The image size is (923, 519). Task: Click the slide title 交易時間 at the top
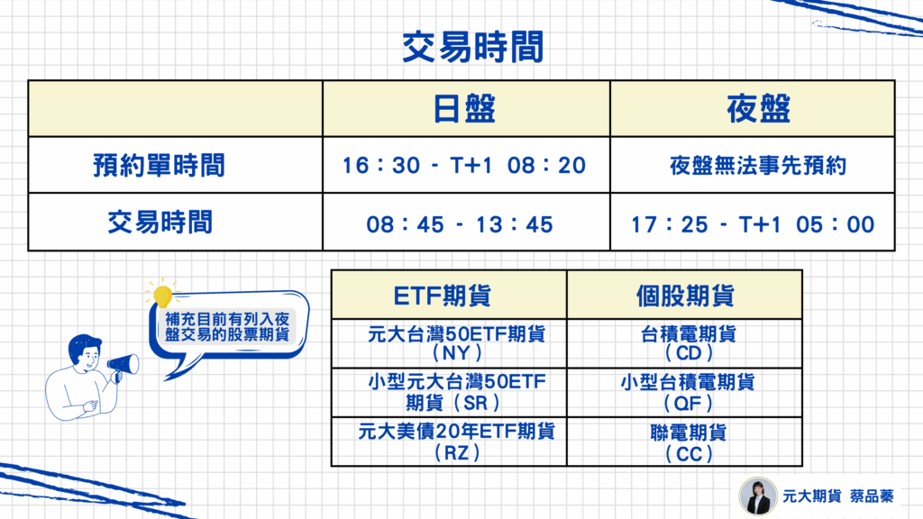click(x=472, y=47)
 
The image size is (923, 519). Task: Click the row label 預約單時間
click(x=159, y=166)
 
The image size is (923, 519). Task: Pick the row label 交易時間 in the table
click(x=160, y=223)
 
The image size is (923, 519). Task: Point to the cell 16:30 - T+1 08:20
click(x=464, y=166)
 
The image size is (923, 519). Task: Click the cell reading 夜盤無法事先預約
click(x=758, y=166)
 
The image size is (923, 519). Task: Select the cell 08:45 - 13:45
click(x=460, y=224)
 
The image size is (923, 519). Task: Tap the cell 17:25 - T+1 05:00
click(x=753, y=224)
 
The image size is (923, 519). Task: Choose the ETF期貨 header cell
click(x=442, y=296)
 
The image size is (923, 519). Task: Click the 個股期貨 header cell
click(x=685, y=296)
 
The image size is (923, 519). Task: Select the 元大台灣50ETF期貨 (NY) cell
click(x=456, y=343)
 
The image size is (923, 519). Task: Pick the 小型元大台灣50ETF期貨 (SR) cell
click(x=457, y=393)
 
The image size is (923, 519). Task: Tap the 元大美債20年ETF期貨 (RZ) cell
click(x=457, y=442)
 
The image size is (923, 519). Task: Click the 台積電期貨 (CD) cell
click(x=688, y=343)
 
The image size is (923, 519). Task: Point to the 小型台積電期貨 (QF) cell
click(x=688, y=393)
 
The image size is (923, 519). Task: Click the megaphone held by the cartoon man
click(x=123, y=366)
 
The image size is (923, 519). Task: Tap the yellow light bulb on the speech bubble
click(x=162, y=295)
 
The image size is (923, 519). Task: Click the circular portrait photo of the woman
click(x=758, y=496)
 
